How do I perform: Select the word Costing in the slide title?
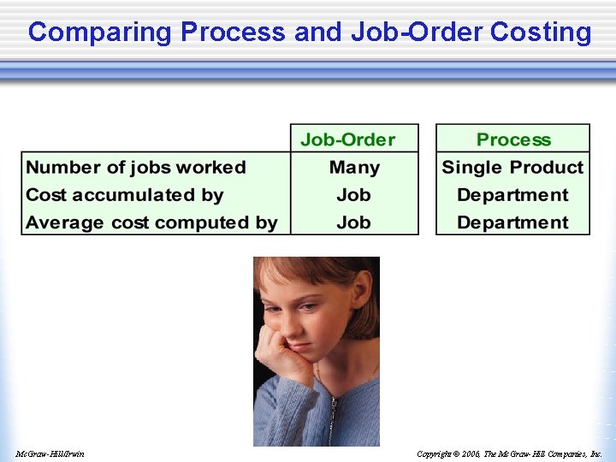pyautogui.click(x=541, y=33)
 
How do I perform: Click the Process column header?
pyautogui.click(x=513, y=139)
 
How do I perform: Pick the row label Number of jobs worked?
pyautogui.click(x=136, y=168)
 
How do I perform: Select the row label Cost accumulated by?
pyautogui.click(x=125, y=195)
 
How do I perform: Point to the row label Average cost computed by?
pyautogui.click(x=151, y=222)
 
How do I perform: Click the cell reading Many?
pyautogui.click(x=354, y=168)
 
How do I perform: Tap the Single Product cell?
pyautogui.click(x=512, y=168)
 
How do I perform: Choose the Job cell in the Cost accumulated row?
pyautogui.click(x=353, y=195)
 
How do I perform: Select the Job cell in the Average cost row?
pyautogui.click(x=353, y=222)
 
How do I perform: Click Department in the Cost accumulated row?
pyautogui.click(x=512, y=195)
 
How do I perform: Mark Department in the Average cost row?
pyautogui.click(x=512, y=222)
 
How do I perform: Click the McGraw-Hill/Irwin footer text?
pyautogui.click(x=50, y=453)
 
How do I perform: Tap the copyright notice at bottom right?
pyautogui.click(x=509, y=453)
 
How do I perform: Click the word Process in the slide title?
pyautogui.click(x=233, y=33)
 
